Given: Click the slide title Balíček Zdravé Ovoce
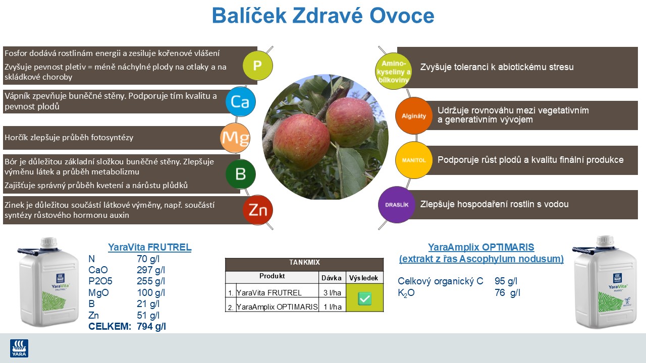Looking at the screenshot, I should tap(323, 16).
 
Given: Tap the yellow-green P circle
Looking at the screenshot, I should tap(257, 66).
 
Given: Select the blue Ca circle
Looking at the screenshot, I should tap(240, 101).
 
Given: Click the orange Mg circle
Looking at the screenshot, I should tap(235, 138).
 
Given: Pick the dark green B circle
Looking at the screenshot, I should tap(240, 174).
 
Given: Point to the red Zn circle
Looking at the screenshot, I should tap(257, 210).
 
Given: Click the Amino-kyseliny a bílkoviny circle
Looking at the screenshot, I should tap(394, 72).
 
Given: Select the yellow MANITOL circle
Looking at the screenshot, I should tap(414, 160).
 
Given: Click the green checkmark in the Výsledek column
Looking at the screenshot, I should tap(364, 298).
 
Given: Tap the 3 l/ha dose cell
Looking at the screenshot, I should tap(332, 293).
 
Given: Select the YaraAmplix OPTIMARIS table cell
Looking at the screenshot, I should tap(277, 307).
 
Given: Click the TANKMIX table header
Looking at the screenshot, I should tap(304, 263).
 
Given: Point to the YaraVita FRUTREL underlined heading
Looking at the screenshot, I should tap(149, 247).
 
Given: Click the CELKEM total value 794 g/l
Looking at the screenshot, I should tap(151, 326).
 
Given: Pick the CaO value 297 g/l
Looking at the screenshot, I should tap(151, 270).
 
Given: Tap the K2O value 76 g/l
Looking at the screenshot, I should tap(507, 292).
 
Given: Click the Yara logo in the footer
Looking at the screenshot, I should tap(19, 348).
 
